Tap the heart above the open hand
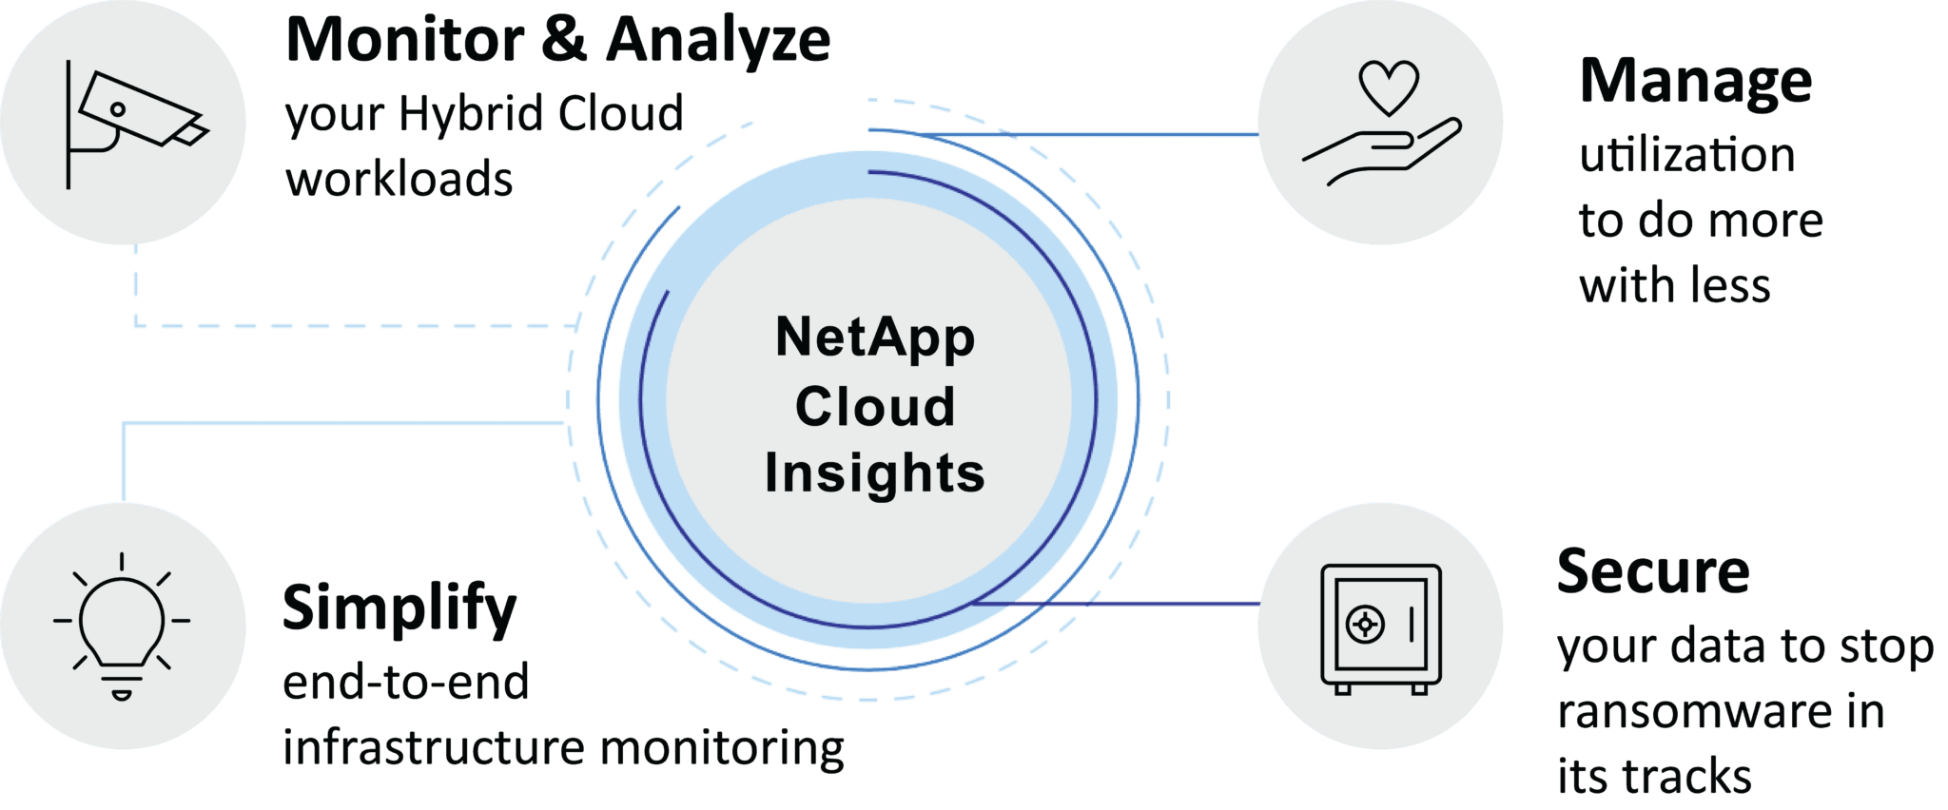1389,87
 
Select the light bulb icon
122,625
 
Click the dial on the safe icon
1366,625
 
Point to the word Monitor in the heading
405,40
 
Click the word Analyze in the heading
718,42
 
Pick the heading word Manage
1696,84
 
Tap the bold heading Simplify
399,609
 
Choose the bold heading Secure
1653,571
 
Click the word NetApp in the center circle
875,338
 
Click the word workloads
399,179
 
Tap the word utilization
1687,155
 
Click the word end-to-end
406,683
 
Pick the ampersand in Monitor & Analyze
565,40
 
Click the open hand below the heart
1382,151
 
